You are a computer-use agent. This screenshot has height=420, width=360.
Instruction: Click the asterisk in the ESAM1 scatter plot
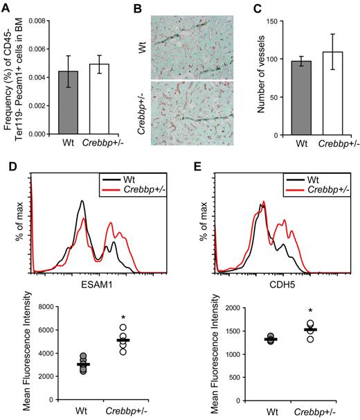point(123,319)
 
